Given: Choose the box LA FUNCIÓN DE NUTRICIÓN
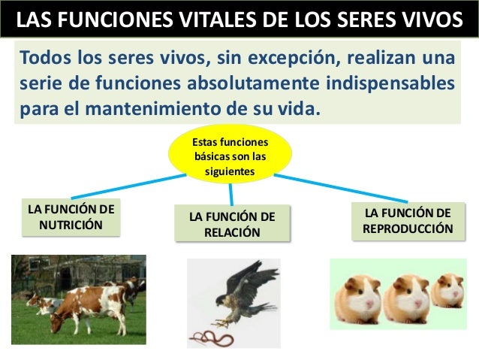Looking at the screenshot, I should (71, 216).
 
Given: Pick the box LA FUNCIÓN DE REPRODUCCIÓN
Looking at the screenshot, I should (408, 219).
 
